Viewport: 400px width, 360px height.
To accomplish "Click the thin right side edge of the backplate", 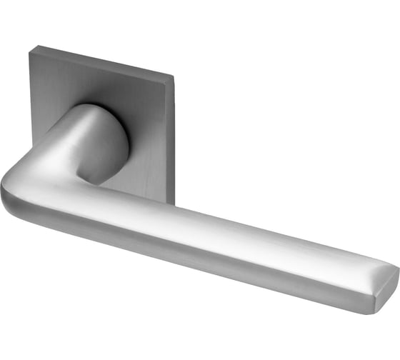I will [x=173, y=136].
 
